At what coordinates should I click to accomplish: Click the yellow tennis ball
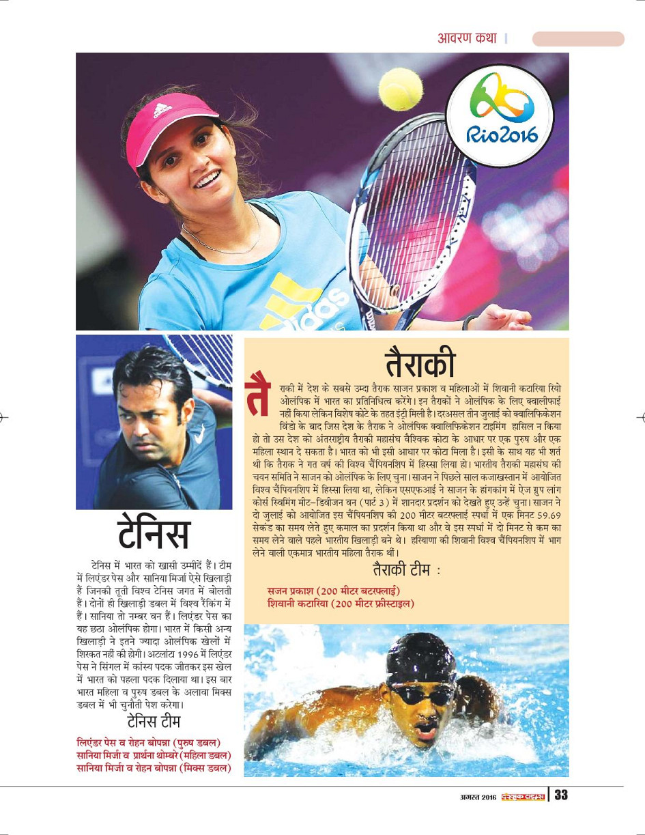(401, 89)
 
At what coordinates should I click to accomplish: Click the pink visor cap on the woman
(169, 124)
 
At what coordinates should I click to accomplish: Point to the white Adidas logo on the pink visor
(162, 110)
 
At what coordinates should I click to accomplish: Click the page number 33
(560, 795)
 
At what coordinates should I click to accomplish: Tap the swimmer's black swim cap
(420, 657)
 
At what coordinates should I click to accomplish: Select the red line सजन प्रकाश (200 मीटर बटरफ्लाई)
(333, 590)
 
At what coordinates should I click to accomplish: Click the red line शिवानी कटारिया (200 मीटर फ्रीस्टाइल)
(341, 603)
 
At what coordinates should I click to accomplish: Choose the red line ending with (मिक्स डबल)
(152, 767)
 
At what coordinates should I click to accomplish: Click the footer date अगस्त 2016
(476, 796)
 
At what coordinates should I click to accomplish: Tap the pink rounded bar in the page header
(577, 39)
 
